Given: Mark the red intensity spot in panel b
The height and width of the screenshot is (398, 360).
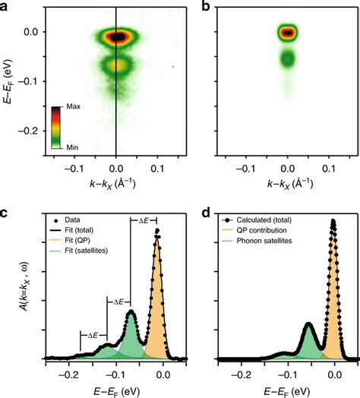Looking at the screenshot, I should (288, 33).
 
